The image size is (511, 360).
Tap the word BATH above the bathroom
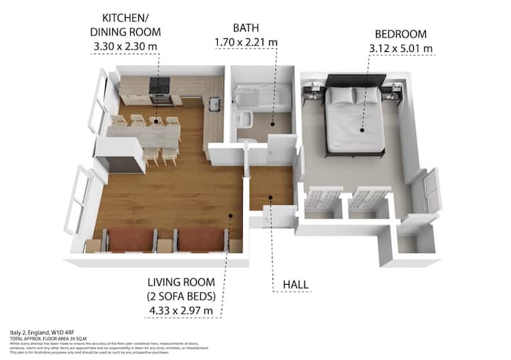click(x=246, y=28)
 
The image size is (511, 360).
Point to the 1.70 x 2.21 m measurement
click(x=246, y=43)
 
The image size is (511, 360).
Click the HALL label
click(x=296, y=285)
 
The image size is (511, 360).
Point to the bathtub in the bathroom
click(x=260, y=99)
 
